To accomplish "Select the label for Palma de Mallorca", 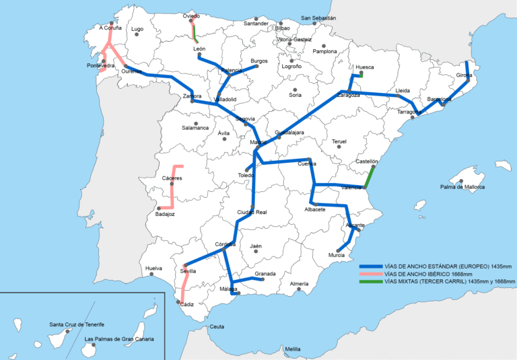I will click(x=463, y=187).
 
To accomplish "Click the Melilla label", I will click(x=292, y=349).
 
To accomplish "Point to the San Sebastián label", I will click(x=318, y=18).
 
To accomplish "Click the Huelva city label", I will click(x=153, y=268).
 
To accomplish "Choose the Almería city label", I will click(x=299, y=284).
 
